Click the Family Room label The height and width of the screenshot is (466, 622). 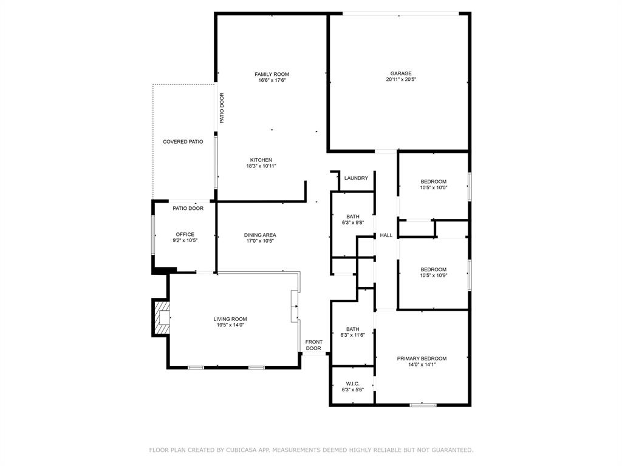tap(272, 74)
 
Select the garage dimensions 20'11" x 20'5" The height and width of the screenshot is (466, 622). tap(401, 79)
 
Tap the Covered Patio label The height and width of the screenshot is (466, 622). tap(183, 141)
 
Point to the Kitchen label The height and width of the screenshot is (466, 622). tap(261, 160)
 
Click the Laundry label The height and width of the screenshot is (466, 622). tap(356, 178)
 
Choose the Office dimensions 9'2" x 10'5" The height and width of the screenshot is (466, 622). tap(185, 240)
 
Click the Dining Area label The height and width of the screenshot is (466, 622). tap(260, 235)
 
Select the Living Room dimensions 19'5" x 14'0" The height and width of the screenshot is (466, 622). tap(230, 325)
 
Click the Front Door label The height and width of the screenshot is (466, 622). tap(313, 345)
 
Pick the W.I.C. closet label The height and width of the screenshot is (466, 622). tap(352, 383)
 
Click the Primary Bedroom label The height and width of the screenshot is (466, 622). tap(422, 359)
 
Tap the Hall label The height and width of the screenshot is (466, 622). tap(386, 235)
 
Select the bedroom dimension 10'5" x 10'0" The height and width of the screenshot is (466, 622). tap(434, 187)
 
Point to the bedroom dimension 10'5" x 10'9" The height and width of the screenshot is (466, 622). tap(434, 275)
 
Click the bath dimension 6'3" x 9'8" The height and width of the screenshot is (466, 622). tap(353, 222)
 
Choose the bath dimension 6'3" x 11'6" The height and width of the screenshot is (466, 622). tap(353, 335)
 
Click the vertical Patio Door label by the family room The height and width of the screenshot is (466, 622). tap(222, 108)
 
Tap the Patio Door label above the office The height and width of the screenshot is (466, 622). tap(188, 208)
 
